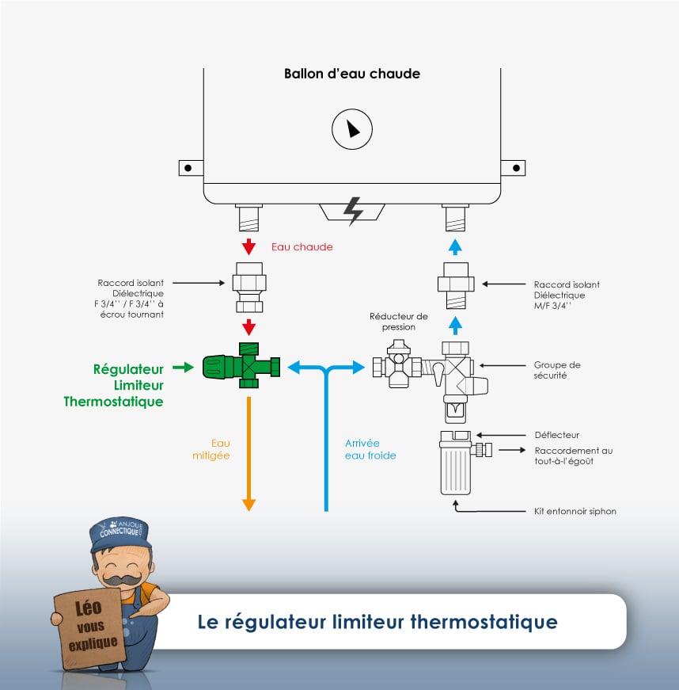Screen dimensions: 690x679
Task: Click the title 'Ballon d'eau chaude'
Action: [351, 74]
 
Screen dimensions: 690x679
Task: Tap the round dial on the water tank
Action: [351, 129]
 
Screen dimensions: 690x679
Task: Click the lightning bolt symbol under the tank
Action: [351, 211]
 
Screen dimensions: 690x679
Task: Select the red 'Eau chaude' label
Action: [302, 247]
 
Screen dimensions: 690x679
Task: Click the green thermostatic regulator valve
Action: [241, 367]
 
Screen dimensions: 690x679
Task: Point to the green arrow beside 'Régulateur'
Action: [183, 367]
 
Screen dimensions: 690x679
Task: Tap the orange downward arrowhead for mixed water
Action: [248, 503]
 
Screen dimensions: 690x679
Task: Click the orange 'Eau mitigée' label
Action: [211, 449]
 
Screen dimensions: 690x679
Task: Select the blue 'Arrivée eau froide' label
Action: [370, 449]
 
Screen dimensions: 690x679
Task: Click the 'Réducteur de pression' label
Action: [398, 321]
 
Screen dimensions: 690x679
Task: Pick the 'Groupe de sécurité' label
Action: [557, 370]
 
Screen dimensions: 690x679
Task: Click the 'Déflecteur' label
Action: [557, 435]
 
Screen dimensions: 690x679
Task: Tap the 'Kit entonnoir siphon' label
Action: [575, 511]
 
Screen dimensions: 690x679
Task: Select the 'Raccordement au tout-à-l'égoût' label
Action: [573, 456]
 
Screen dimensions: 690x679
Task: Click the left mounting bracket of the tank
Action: [190, 168]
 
